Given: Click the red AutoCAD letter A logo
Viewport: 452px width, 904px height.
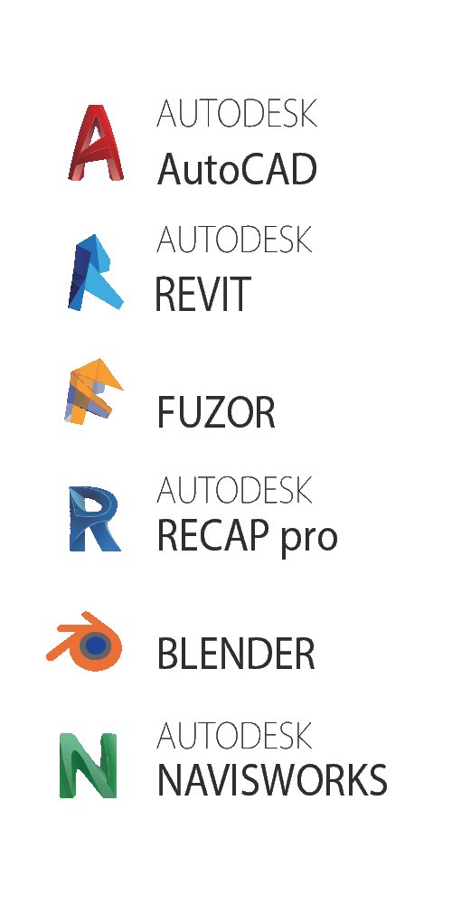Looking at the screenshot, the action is [96, 143].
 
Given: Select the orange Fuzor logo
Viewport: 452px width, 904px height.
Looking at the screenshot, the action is [92, 391].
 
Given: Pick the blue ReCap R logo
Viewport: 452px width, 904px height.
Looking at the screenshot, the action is [94, 519].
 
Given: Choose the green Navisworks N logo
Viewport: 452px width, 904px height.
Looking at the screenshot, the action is [89, 766].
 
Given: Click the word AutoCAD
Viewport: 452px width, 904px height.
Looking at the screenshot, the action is [237, 169].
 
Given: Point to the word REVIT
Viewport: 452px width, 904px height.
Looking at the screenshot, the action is [202, 294].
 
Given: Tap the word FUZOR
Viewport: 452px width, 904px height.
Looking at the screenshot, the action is [216, 413].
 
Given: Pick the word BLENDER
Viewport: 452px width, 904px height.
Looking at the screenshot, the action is [236, 654].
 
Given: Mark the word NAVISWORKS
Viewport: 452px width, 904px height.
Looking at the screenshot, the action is [272, 779].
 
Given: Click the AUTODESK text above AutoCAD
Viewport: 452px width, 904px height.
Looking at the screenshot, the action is [237, 114].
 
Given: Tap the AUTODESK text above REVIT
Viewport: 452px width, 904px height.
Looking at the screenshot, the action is [234, 240].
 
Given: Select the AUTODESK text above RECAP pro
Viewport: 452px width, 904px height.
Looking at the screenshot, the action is [234, 489].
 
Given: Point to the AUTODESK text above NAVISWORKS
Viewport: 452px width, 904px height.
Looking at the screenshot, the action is [234, 735].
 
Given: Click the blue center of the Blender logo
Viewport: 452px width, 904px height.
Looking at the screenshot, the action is [96, 645].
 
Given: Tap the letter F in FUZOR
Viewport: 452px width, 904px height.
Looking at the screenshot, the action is [166, 413].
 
